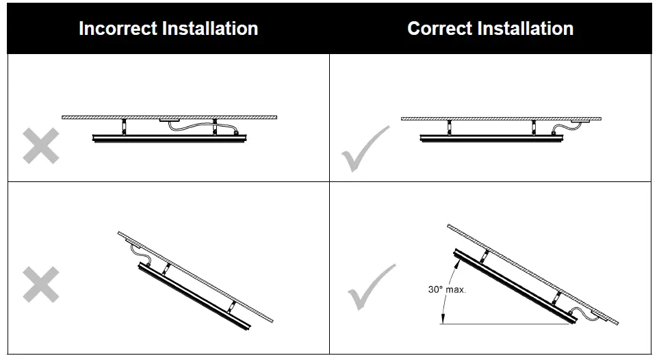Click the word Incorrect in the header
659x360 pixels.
(117, 29)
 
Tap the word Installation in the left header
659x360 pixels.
(209, 29)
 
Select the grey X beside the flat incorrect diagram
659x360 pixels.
(40, 146)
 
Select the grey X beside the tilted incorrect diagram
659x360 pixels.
(40, 284)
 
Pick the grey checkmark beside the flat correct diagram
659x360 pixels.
(364, 148)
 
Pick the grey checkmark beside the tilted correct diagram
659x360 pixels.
(370, 286)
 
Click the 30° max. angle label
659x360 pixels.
(447, 290)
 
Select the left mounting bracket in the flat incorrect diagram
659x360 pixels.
(125, 127)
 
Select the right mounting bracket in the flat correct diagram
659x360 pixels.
(533, 127)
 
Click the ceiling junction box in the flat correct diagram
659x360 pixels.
(582, 121)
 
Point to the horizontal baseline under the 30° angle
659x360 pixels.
(506, 324)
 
